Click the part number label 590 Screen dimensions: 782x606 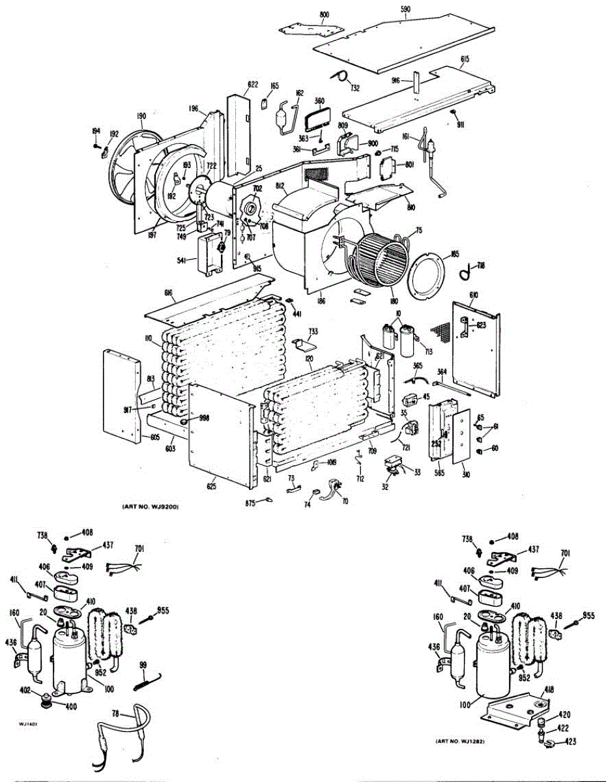click(405, 8)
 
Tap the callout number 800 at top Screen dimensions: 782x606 click(325, 14)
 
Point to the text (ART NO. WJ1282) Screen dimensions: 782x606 click(463, 742)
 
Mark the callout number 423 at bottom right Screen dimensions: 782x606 click(571, 742)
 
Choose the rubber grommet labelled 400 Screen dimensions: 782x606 click(47, 701)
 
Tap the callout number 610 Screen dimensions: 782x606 click(474, 295)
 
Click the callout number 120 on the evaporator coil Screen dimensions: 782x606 click(309, 359)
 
